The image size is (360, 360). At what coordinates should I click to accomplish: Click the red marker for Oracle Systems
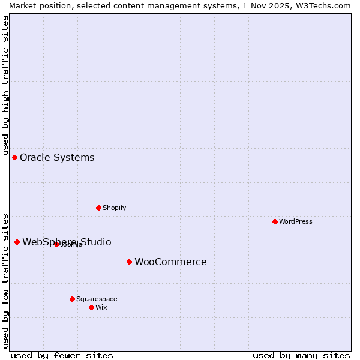15,157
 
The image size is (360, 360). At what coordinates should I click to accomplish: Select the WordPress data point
275,221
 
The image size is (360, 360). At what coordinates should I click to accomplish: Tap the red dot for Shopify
98,208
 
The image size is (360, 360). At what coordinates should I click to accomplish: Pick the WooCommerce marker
129,262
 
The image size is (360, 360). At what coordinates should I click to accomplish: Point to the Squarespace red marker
72,299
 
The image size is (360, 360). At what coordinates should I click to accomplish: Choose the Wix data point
91,307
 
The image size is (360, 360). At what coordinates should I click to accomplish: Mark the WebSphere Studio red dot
17,242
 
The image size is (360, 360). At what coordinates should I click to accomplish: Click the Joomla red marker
56,244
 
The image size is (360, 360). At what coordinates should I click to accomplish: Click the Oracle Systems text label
57,158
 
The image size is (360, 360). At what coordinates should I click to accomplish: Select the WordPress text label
296,221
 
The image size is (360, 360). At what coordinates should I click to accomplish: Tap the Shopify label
114,208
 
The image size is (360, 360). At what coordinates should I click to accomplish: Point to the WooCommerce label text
170,262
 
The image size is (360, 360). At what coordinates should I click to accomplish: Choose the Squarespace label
97,299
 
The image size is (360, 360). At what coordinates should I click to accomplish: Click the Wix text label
101,307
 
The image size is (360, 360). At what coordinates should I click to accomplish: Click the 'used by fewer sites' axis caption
62,355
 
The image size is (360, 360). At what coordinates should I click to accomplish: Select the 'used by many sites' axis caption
301,355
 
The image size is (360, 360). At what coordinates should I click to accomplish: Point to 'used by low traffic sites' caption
5,280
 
